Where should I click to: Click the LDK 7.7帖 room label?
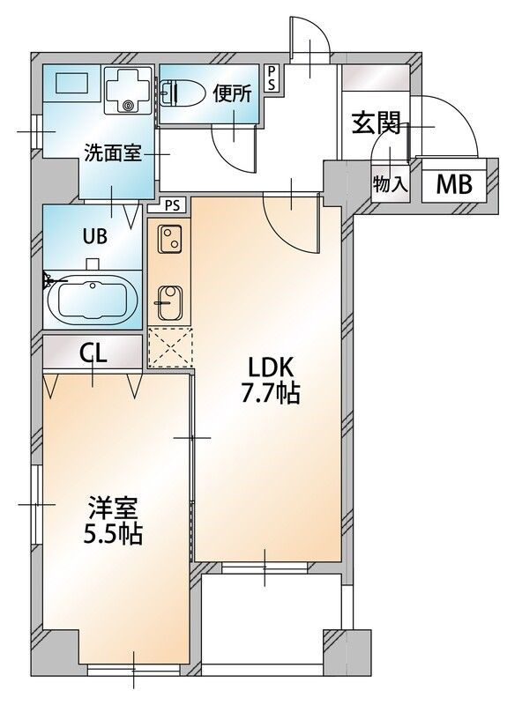point(271,381)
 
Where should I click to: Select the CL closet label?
point(93,353)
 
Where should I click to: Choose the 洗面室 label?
point(113,152)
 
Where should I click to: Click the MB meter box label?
point(456,185)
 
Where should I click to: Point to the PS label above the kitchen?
point(172,205)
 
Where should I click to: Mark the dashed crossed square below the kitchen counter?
point(169,347)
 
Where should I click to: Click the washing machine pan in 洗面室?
point(130,92)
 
